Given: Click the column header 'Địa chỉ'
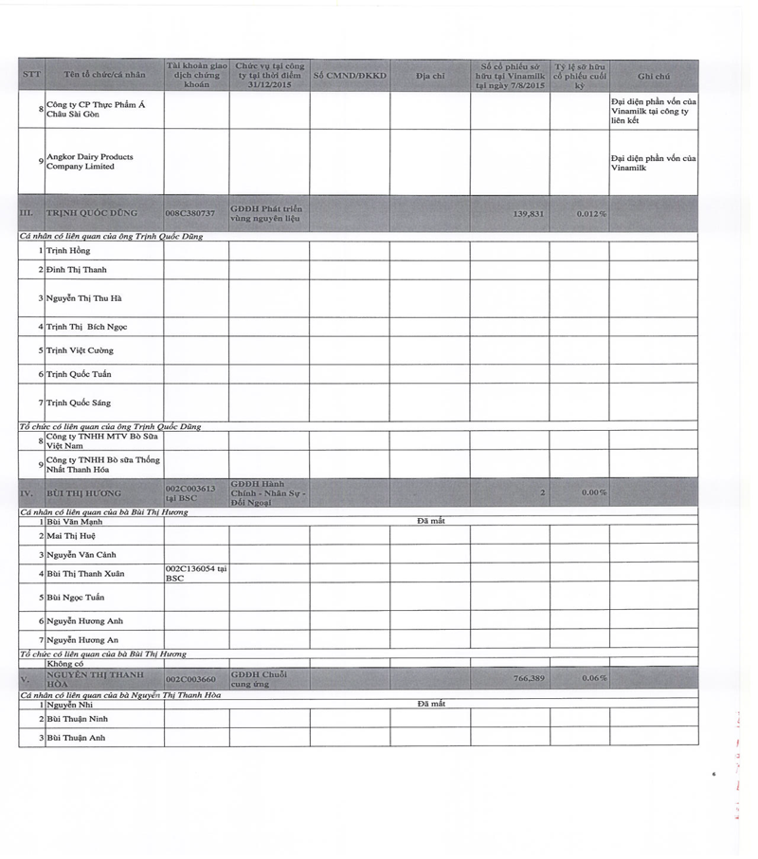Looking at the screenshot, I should coord(429,76).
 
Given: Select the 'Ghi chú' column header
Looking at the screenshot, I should coord(654,76).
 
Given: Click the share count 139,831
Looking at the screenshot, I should coord(529,214).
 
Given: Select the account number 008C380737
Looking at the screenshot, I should coord(189,214).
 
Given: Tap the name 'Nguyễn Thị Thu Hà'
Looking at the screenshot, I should coord(84,298).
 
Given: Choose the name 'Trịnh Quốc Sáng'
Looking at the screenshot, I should coord(79,403).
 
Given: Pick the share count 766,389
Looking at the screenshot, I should coord(529,678).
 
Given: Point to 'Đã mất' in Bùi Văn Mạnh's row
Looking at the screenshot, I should coord(431,521).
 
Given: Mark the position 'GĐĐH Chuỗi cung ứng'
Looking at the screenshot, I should coord(259,678).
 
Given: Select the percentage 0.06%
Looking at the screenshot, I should coord(594,678).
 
